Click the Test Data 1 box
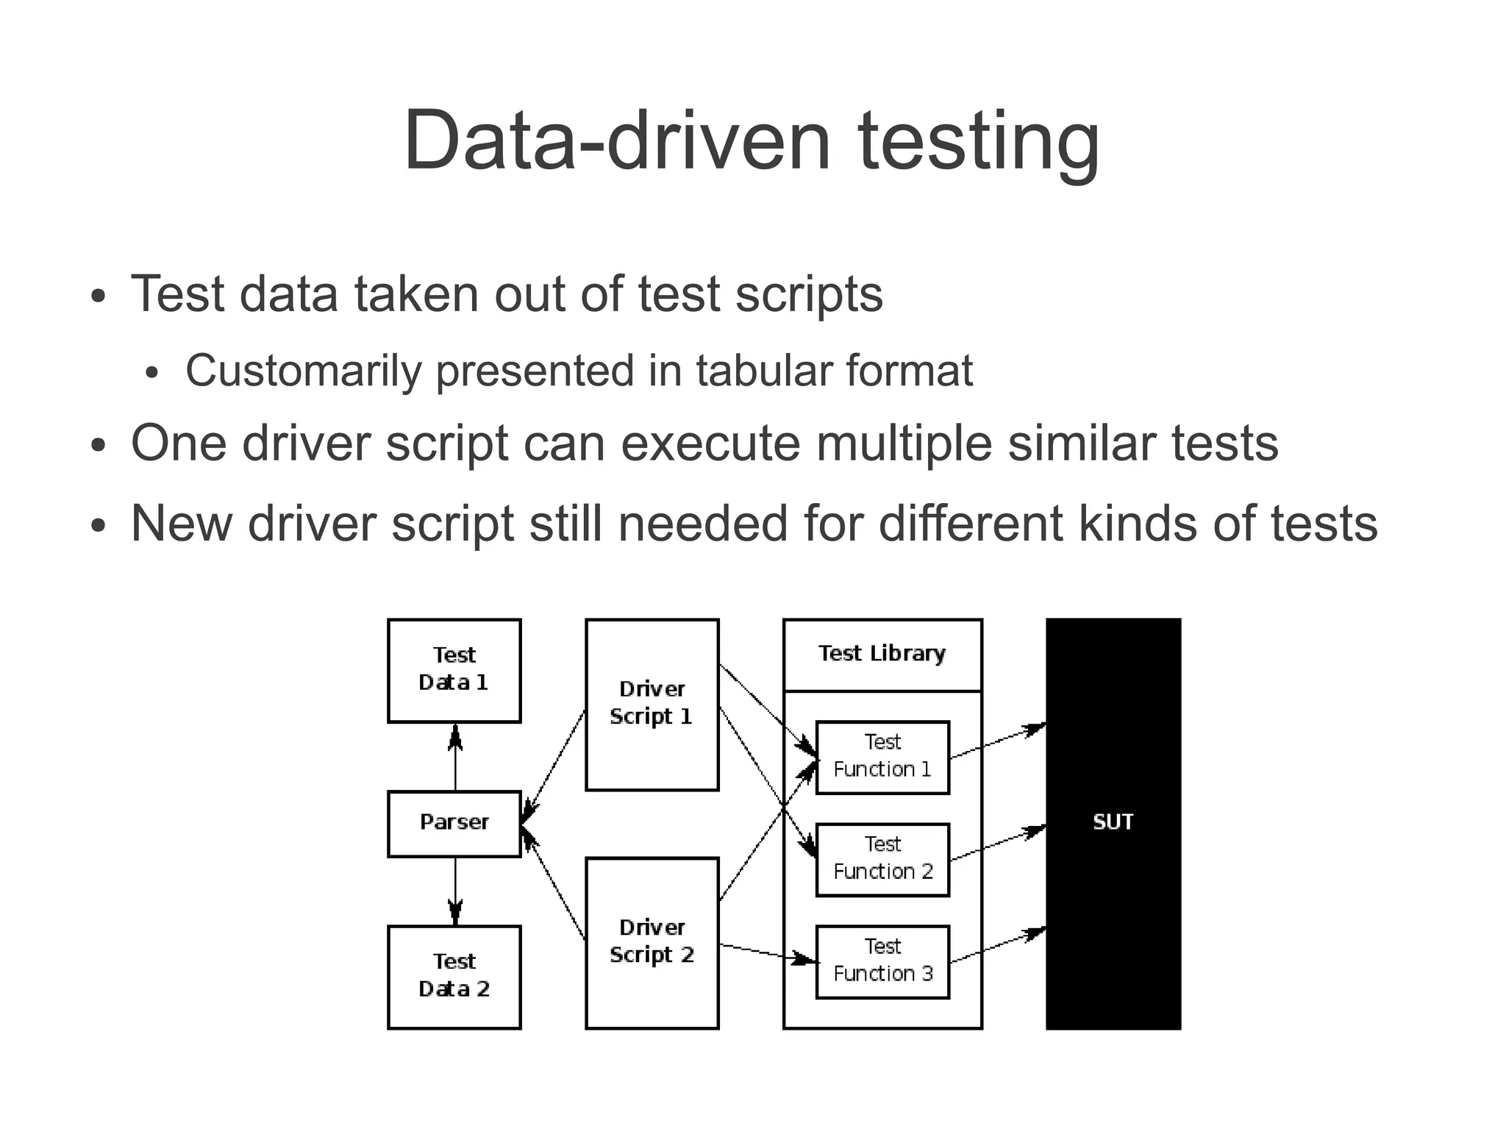point(454,670)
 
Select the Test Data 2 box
point(454,976)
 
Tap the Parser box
point(454,823)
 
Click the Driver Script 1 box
point(652,704)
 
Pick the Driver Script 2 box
point(652,941)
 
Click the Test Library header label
point(882,654)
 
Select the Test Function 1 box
point(882,757)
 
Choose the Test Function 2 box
point(882,859)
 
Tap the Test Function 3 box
point(882,961)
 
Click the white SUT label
point(1113,822)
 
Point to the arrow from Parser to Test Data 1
point(455,758)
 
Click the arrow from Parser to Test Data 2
point(455,890)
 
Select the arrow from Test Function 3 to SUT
point(998,947)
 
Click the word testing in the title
point(978,141)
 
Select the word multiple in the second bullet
point(904,444)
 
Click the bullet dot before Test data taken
point(99,298)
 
